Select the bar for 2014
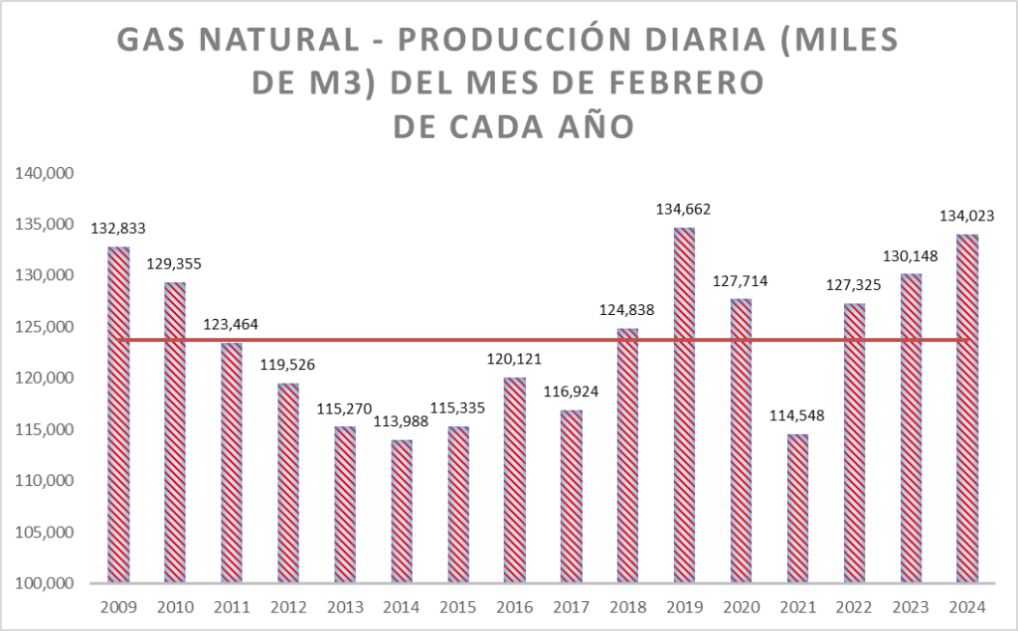[x=402, y=511]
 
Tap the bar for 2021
[x=798, y=508]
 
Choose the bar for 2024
[x=967, y=408]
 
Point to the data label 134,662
[x=683, y=210]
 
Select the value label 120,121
[x=514, y=359]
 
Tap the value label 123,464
[x=232, y=323]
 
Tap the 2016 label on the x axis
[x=514, y=607]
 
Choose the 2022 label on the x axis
[x=854, y=607]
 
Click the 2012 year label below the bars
[x=288, y=607]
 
